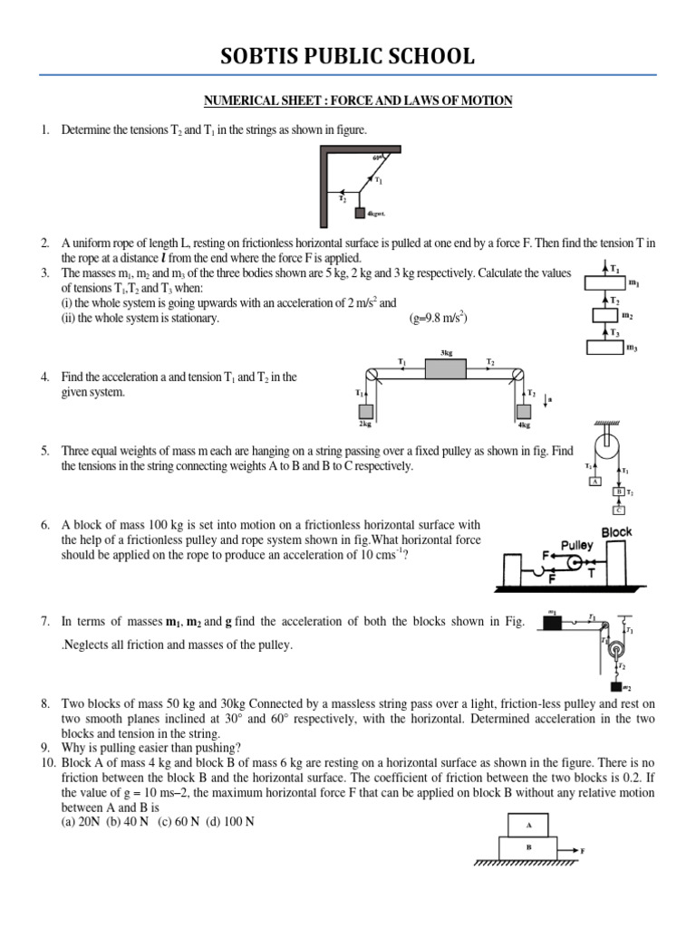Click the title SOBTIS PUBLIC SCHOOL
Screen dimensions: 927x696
coord(348,56)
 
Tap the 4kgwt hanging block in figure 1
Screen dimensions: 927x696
coord(360,214)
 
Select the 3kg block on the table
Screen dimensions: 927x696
coord(445,368)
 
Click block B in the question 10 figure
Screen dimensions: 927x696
coord(528,848)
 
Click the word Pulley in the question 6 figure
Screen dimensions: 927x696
coord(576,546)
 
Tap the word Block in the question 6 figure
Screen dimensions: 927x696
coord(616,532)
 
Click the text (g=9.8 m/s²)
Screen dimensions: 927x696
coord(438,318)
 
